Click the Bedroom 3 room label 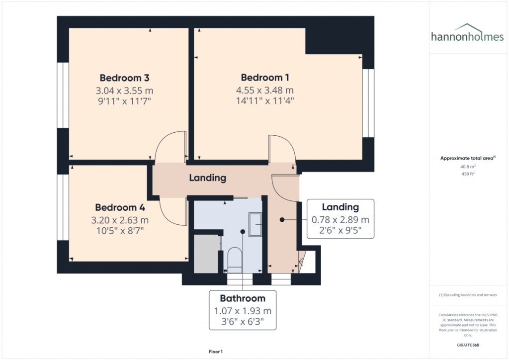125,78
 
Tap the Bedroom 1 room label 265,78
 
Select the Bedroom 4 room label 120,207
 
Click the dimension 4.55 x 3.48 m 265,90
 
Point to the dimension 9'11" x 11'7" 125,101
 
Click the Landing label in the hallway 208,178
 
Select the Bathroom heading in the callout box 243,298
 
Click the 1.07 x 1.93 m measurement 243,311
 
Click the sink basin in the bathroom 255,224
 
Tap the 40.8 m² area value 467,167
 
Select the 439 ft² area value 467,174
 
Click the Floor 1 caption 216,352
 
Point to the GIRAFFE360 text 468,345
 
